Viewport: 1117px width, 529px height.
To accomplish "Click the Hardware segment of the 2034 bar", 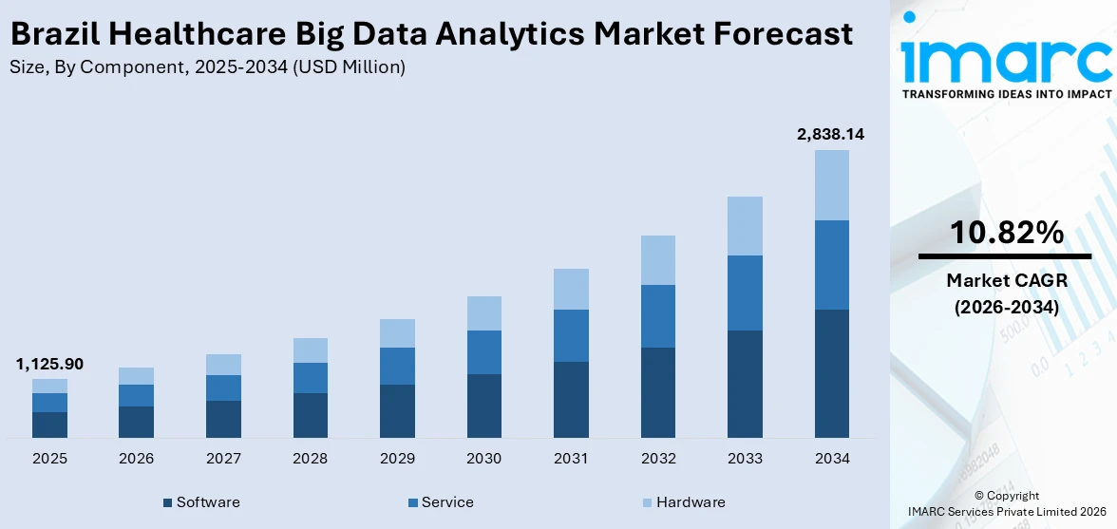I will [x=832, y=185].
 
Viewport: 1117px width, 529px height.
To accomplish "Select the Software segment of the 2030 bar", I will [x=484, y=406].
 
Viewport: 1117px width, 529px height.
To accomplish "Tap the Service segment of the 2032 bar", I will [x=658, y=316].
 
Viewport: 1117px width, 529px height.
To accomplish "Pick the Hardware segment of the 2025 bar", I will [x=49, y=386].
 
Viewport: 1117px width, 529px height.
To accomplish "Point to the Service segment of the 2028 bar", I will [x=311, y=378].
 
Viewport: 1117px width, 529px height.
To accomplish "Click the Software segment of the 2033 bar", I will [x=745, y=384].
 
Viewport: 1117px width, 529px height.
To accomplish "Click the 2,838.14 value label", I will [x=830, y=135].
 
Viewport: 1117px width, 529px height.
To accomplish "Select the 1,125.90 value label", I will [x=49, y=364].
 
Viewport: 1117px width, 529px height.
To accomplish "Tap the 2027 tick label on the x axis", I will [x=223, y=459].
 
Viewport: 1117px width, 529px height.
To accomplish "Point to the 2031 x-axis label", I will [x=571, y=459].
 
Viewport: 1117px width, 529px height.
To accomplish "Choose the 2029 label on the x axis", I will [x=397, y=459].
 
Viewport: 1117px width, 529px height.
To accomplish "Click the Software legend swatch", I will [x=168, y=502].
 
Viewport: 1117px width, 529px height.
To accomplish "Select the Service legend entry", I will [x=446, y=502].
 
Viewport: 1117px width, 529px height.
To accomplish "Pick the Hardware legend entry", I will [x=690, y=502].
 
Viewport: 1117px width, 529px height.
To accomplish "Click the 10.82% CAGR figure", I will [x=1006, y=233].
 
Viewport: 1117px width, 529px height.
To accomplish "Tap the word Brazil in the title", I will [x=55, y=35].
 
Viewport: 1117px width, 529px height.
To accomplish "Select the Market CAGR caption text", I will [x=1006, y=280].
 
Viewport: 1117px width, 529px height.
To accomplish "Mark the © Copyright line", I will [x=1007, y=496].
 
